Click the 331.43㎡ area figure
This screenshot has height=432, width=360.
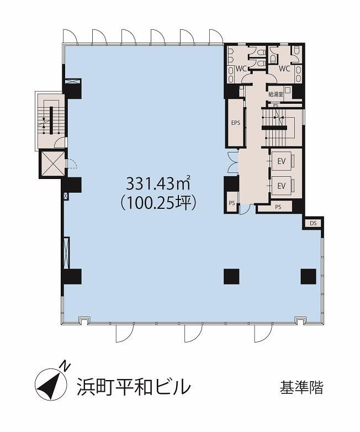(158, 183)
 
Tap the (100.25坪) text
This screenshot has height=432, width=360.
(158, 204)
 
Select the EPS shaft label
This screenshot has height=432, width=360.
(236, 123)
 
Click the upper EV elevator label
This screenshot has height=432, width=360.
(281, 162)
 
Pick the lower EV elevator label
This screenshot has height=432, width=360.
(281, 186)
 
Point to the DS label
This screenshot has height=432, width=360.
(313, 223)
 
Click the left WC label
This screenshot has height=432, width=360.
(241, 69)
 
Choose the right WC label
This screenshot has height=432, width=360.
(284, 69)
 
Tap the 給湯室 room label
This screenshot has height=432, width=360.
(276, 94)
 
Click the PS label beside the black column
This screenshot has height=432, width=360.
(232, 203)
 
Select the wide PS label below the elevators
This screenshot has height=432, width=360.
(278, 207)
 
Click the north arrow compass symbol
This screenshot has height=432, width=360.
(51, 384)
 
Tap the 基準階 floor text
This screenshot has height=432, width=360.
(301, 387)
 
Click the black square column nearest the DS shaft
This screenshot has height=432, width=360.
(308, 276)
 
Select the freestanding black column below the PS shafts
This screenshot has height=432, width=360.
(231, 276)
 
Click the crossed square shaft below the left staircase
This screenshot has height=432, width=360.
(52, 164)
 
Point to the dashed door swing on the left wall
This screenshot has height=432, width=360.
(73, 164)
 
